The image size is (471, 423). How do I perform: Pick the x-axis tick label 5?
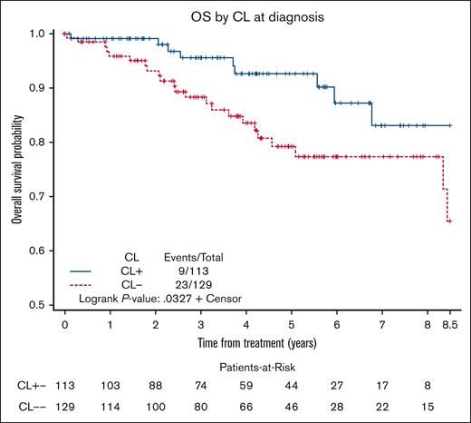click(291, 322)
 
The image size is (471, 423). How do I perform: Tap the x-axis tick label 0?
click(65, 322)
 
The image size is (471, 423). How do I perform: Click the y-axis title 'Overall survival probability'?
click(16, 167)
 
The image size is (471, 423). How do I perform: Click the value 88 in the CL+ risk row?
click(156, 385)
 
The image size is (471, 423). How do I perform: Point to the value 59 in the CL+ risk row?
click(246, 385)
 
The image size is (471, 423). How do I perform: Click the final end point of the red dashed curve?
click(449, 221)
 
